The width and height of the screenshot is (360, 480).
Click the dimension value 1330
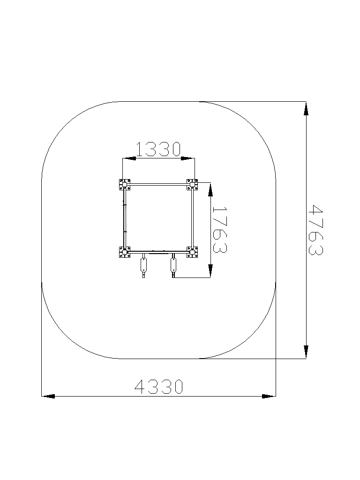pyautogui.click(x=158, y=149)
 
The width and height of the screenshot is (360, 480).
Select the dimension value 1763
pyautogui.click(x=219, y=230)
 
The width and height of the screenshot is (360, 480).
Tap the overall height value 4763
pyautogui.click(x=315, y=230)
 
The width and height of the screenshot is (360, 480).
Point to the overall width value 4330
pyautogui.click(x=159, y=386)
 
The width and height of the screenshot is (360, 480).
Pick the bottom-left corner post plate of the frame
pyautogui.click(x=125, y=252)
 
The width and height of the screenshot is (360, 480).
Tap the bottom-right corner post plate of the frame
pyautogui.click(x=192, y=252)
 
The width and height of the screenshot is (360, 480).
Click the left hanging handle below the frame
pyautogui.click(x=143, y=265)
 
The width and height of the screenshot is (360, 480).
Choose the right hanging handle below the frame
pyautogui.click(x=173, y=265)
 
